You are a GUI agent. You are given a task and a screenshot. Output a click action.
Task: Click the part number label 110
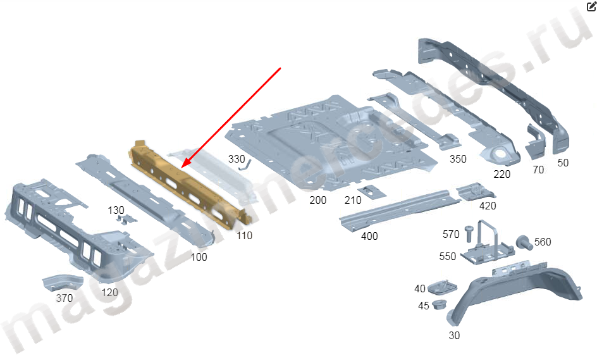pos(244,235)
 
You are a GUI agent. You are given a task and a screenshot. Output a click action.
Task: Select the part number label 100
pos(199,257)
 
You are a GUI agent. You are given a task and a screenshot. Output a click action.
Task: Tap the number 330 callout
pos(236,159)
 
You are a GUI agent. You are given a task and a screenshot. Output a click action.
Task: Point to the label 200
pos(318,200)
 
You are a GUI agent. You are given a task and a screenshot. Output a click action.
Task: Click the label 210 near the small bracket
pos(353,201)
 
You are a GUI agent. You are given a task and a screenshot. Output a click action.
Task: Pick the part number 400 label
pos(369,236)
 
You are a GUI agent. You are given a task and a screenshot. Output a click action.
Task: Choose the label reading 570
pos(451,234)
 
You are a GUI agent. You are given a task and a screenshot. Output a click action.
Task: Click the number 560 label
pos(543,242)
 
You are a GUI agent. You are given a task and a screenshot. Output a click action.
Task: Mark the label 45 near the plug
pos(423,306)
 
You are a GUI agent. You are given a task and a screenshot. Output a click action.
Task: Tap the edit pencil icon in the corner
pos(591,6)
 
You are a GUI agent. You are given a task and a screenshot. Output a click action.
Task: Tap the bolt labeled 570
pos(469,232)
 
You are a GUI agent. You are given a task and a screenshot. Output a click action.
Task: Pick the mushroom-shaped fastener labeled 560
pos(523,242)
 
